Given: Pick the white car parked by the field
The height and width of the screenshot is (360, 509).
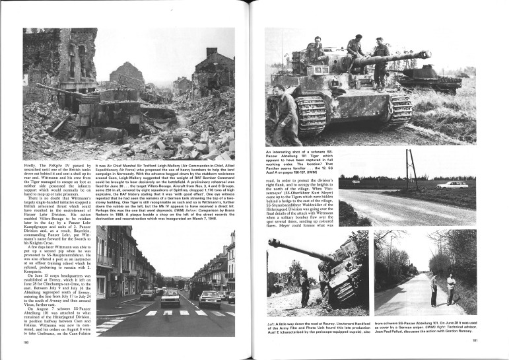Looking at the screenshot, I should click(452, 185).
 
